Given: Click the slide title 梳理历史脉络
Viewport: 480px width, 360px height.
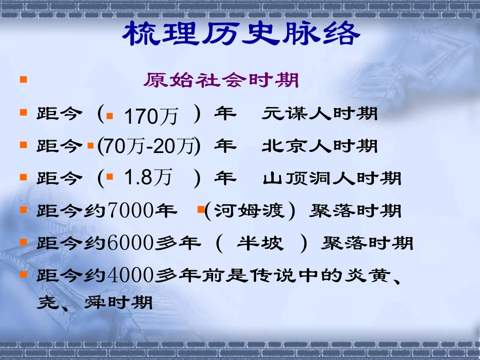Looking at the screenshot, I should [242, 34].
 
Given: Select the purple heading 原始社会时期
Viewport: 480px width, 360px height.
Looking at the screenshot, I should [221, 80].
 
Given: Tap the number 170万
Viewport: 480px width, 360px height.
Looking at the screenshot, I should [151, 117].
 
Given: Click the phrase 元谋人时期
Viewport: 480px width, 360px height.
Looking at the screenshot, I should [319, 114].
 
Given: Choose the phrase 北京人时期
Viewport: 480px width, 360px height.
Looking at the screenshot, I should [319, 146].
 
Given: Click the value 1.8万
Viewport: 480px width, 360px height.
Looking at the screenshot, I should [148, 178].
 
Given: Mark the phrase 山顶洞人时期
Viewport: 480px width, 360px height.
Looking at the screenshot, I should [332, 178].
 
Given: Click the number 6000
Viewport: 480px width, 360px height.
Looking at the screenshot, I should [130, 243].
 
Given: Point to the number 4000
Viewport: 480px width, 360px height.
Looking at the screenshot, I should [130, 276].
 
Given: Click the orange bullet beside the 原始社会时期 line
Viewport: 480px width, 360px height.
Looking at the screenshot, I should [23, 80].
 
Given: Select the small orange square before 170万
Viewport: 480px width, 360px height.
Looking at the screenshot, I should [110, 116].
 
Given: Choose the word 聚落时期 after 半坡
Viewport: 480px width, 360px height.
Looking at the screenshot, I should [367, 243].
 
